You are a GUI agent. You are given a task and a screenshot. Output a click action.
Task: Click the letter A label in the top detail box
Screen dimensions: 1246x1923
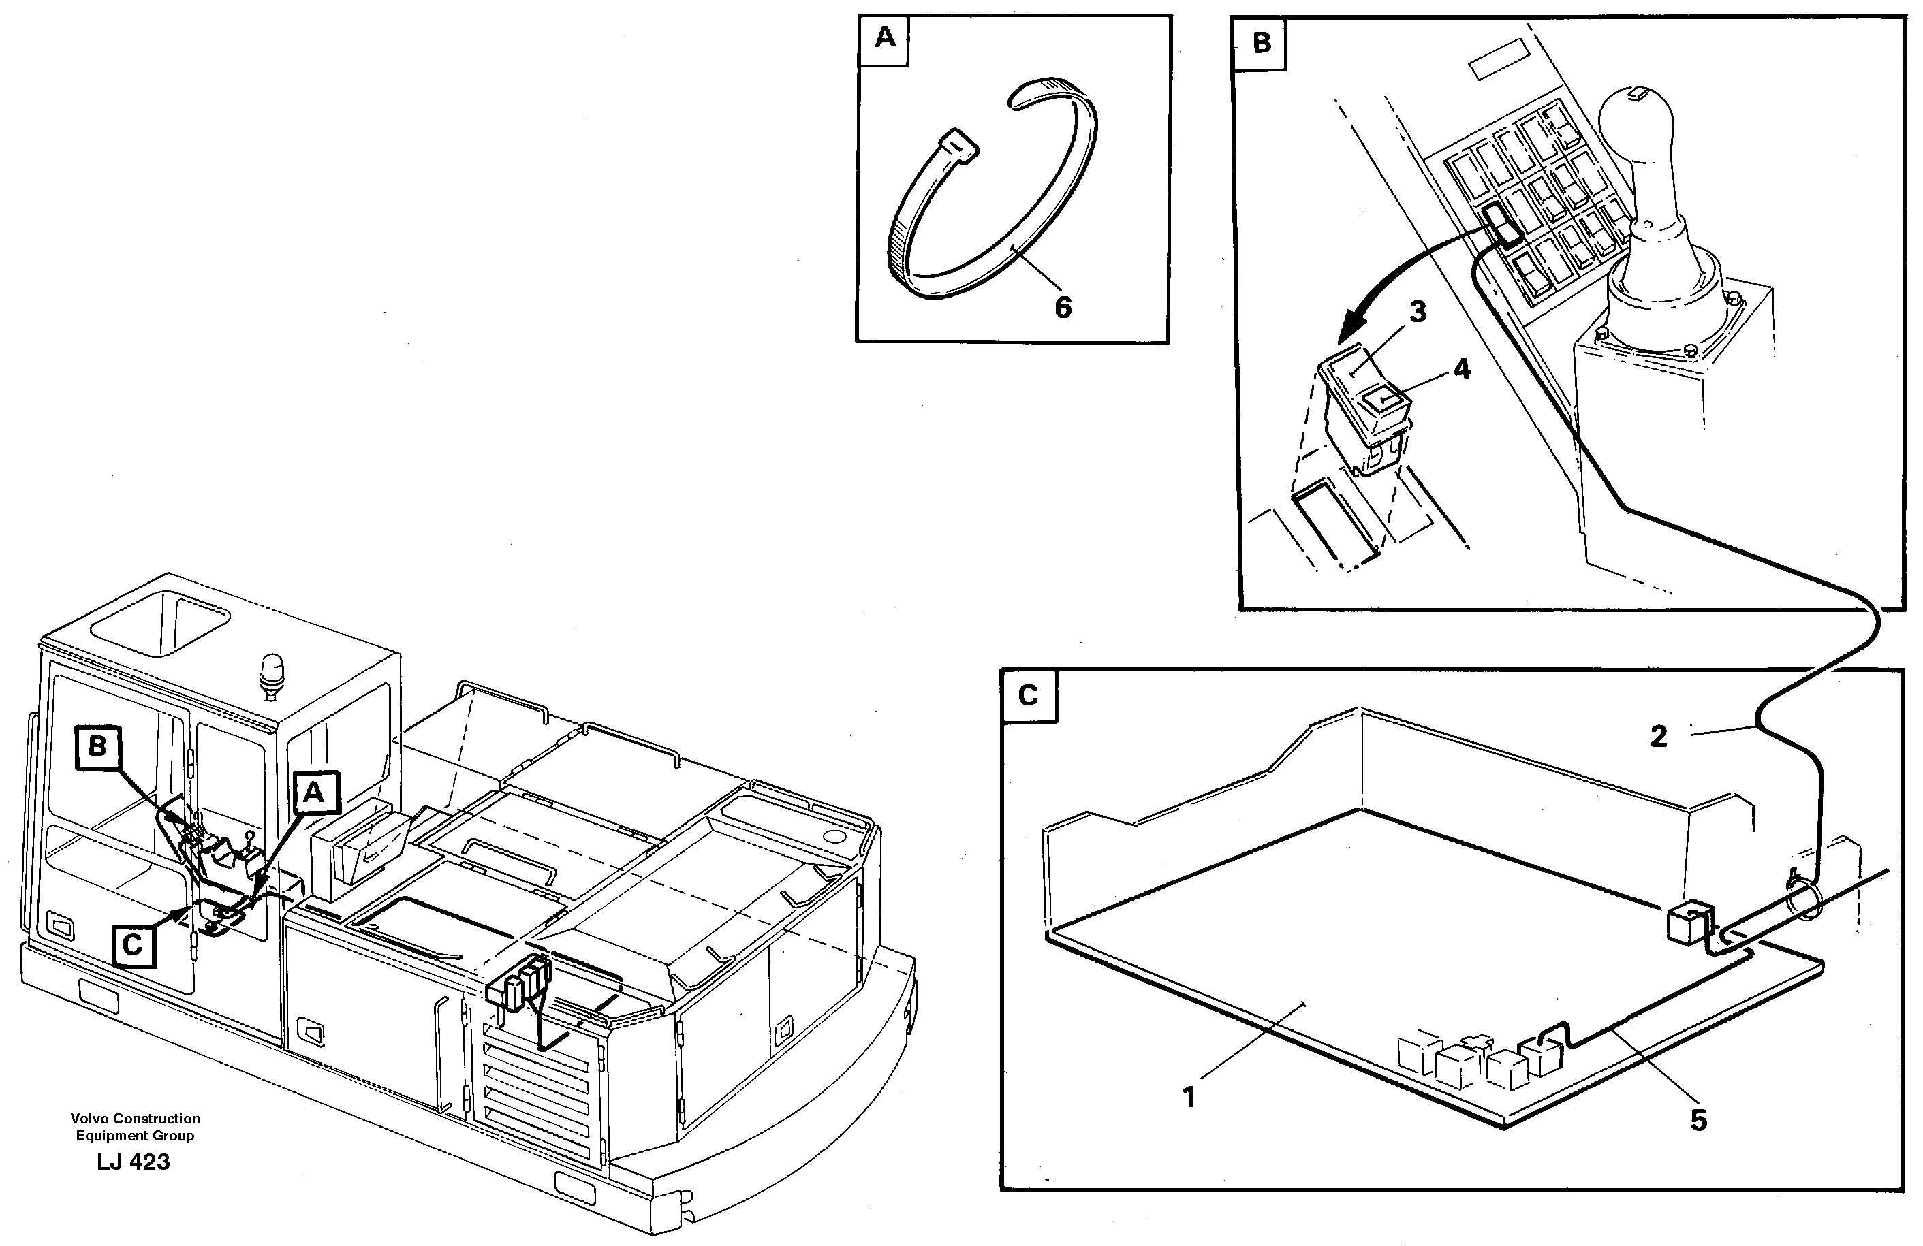coord(885,38)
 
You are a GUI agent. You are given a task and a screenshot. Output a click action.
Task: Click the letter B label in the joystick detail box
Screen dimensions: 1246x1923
coord(1262,43)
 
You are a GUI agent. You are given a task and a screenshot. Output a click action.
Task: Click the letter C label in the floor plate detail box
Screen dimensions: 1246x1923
coord(1028,695)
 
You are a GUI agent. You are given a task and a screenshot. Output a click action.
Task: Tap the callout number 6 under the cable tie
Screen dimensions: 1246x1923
coord(1063,307)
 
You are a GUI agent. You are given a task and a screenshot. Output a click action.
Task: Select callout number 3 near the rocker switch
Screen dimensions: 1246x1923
coord(1418,311)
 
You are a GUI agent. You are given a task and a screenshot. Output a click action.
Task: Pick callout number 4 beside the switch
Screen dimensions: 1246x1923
coord(1462,369)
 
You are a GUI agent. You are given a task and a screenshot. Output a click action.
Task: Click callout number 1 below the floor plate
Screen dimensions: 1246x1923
coord(1189,1098)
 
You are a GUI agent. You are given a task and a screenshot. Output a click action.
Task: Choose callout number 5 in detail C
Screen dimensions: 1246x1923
coord(1698,1120)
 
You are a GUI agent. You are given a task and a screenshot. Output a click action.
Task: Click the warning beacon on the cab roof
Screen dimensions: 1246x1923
coord(270,671)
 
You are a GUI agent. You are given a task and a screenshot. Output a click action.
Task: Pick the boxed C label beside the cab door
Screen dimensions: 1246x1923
coord(134,945)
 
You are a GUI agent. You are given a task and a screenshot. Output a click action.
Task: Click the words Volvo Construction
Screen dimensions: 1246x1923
coord(135,1119)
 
